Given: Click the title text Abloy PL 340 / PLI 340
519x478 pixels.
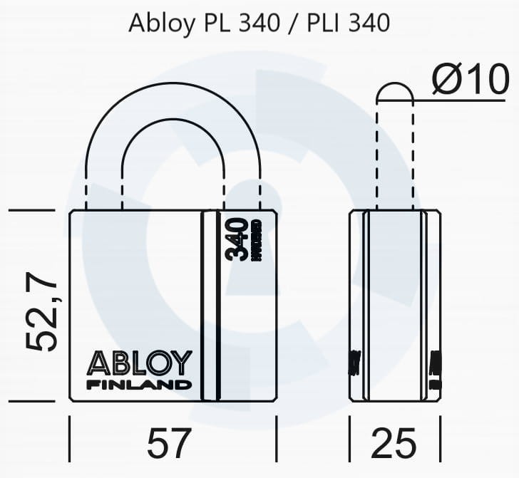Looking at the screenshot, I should (259, 23).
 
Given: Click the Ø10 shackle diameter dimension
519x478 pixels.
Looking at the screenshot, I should (470, 80).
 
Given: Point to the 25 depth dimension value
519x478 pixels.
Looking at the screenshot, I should (394, 444).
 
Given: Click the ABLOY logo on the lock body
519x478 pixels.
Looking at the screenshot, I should (139, 363).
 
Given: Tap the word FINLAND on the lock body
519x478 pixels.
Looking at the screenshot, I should (139, 385).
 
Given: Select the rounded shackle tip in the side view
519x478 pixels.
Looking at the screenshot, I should (395, 93).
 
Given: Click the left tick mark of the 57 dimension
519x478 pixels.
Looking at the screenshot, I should (69, 440).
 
